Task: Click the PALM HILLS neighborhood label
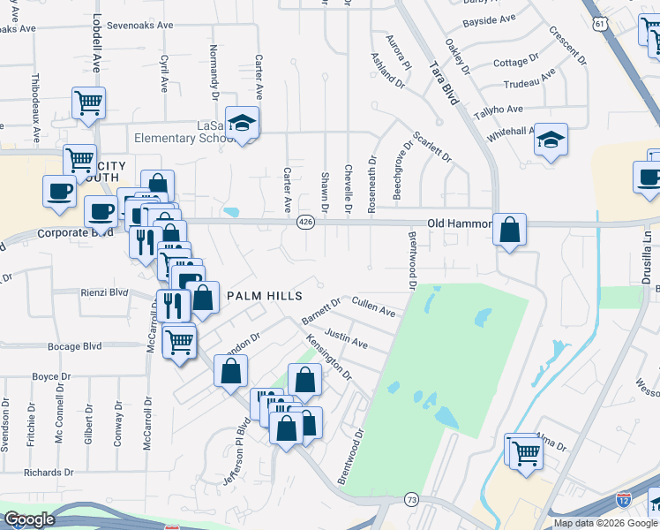coord(265,295)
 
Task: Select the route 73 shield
coord(411,499)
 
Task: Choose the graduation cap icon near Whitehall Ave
coord(551,140)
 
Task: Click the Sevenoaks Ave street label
coord(139,26)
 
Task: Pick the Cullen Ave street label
coord(374,306)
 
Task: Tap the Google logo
coord(29,519)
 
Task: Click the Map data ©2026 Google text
coord(604,523)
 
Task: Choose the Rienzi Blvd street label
coord(105,291)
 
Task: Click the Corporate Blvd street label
coord(76,234)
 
